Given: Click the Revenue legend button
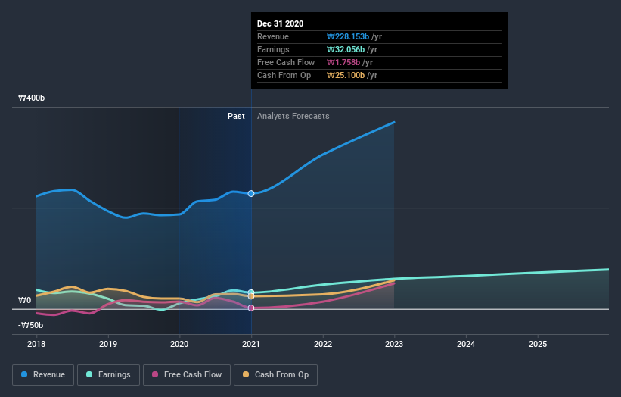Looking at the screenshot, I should [x=44, y=374].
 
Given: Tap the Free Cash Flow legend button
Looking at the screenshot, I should [x=186, y=374].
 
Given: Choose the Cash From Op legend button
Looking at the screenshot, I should [x=276, y=374].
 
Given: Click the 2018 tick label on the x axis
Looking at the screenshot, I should [x=36, y=344].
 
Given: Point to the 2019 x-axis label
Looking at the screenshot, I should [x=108, y=344].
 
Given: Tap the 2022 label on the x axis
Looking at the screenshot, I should [x=323, y=344].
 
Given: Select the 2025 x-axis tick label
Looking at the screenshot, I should [x=538, y=344].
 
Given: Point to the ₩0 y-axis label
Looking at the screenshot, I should [x=24, y=301].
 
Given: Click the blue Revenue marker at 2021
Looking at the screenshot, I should [x=251, y=193].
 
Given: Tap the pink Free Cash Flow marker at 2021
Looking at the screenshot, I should [x=251, y=308].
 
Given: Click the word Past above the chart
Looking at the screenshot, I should [x=236, y=116].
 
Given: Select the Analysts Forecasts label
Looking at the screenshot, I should [x=293, y=116].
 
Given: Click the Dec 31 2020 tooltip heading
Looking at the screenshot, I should [x=280, y=23].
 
